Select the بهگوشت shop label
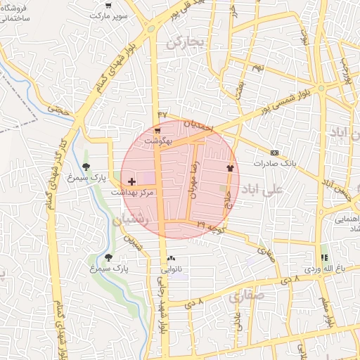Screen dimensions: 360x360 pos(157,141)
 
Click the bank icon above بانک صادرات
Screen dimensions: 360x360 pos(274,153)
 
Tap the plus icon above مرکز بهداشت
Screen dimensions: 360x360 pos(131,182)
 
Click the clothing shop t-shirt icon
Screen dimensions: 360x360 pos(229,168)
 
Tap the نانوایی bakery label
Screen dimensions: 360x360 pos(172,269)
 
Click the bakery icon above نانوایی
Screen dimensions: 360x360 pos(172,259)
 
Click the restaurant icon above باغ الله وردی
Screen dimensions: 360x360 pos(324,258)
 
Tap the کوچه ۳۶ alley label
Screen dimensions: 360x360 pos(211,226)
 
